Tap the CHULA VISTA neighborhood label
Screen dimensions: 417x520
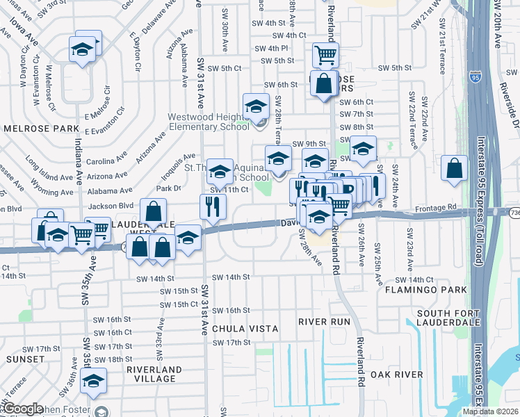(245, 328)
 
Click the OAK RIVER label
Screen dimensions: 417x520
(396, 375)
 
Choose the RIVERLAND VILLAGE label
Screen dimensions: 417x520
(154, 374)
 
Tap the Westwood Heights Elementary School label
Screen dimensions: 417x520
(209, 122)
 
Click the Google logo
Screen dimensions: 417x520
(22, 409)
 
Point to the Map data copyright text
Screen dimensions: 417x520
(490, 411)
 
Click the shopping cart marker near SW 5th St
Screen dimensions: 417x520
(325, 55)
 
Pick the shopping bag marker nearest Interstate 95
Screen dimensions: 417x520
(454, 167)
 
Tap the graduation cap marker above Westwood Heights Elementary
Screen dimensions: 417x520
(256, 106)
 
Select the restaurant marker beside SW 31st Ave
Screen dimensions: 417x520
(213, 206)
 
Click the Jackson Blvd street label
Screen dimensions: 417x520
(95, 206)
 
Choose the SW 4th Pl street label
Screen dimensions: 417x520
(271, 48)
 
